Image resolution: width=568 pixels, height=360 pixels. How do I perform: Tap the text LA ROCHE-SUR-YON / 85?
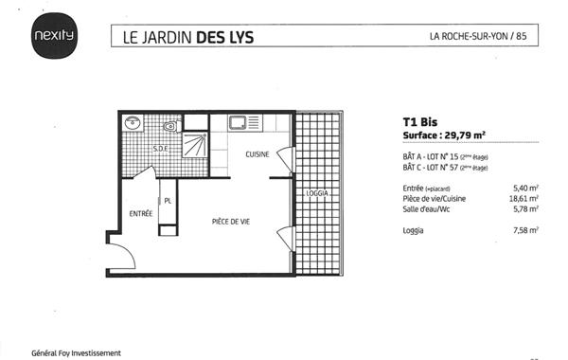pos(477,37)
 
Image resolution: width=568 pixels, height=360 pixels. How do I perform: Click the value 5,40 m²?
pos(524,188)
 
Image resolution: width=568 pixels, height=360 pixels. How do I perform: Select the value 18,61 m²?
pos(523,199)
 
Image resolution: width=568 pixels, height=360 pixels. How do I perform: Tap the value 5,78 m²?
pos(524,209)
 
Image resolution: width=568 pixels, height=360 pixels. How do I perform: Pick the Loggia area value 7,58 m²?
pos(524,230)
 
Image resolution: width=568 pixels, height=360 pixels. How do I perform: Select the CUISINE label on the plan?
pos(257,154)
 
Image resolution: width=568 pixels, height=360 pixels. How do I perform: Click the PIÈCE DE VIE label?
pos(230,221)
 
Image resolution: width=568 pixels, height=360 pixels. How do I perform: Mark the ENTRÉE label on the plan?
pos(140,214)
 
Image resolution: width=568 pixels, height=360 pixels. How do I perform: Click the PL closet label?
pos(168,201)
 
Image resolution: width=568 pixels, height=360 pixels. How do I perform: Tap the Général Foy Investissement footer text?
pos(77,352)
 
